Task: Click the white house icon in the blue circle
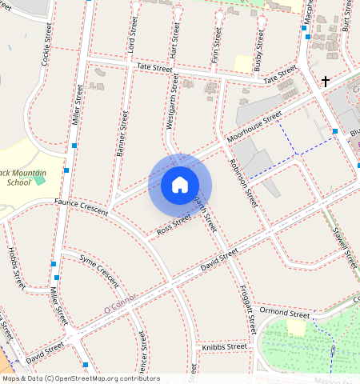click(180, 185)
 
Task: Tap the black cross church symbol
click(326, 81)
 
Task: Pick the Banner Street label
click(122, 131)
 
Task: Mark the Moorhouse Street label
click(254, 128)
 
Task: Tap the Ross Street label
click(174, 225)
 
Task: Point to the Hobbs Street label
click(16, 268)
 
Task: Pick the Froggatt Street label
click(247, 308)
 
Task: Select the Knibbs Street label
click(224, 347)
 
